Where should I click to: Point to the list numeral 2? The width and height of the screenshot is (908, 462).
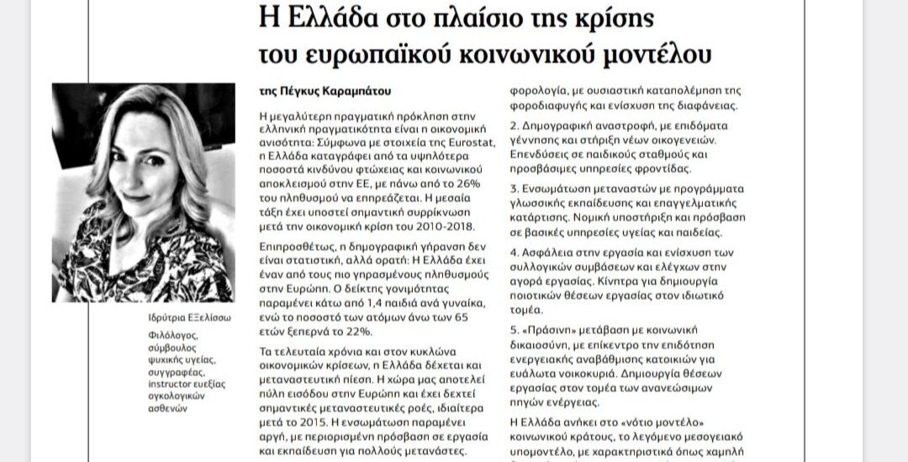515,125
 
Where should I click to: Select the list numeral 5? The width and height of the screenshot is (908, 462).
515,329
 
